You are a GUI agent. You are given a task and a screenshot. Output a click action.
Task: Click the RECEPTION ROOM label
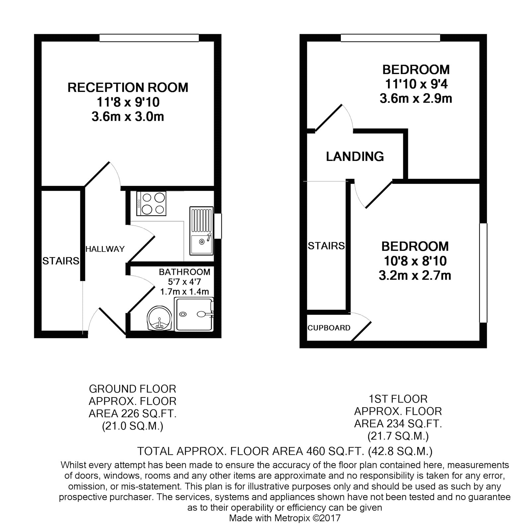pyautogui.click(x=128, y=88)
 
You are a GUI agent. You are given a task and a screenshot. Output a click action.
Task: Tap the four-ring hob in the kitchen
pyautogui.click(x=151, y=203)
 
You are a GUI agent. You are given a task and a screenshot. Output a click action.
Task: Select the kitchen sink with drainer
pyautogui.click(x=201, y=231)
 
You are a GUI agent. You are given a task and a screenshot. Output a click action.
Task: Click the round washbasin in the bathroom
pyautogui.click(x=159, y=318)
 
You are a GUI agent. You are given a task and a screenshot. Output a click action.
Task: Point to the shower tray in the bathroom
pyautogui.click(x=194, y=314)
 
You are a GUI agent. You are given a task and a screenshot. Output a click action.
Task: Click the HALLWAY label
pyautogui.click(x=105, y=249)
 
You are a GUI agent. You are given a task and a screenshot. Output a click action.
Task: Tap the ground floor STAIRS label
pyautogui.click(x=61, y=261)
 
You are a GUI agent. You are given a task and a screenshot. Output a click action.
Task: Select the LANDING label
pyautogui.click(x=355, y=156)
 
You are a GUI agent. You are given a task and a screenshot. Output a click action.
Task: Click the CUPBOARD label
pyautogui.click(x=329, y=328)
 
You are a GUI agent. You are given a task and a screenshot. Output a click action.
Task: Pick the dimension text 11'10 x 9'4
pyautogui.click(x=416, y=84)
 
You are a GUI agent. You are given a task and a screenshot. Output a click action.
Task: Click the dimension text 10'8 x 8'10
pyautogui.click(x=415, y=261)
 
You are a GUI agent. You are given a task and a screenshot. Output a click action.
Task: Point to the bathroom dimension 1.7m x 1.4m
pyautogui.click(x=185, y=292)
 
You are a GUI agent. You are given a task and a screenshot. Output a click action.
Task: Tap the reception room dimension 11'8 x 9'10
pyautogui.click(x=128, y=102)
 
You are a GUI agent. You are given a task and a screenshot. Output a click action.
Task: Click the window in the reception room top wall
pyautogui.click(x=149, y=38)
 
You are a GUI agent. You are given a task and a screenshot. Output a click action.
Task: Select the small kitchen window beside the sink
pyautogui.click(x=218, y=226)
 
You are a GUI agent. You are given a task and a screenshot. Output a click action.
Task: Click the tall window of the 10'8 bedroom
pyautogui.click(x=483, y=273)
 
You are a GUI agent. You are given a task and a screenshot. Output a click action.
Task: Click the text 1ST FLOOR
pyautogui.click(x=398, y=399)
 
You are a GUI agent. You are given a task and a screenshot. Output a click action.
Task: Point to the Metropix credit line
pyautogui.click(x=285, y=518)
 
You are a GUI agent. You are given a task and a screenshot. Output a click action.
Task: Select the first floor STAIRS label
pyautogui.click(x=326, y=246)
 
